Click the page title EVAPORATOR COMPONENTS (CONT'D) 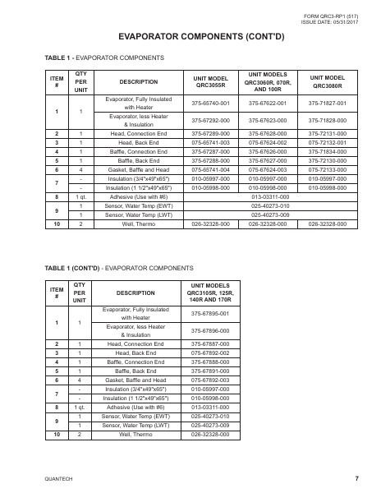coord(190,37)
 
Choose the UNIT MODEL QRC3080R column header coord(326,80)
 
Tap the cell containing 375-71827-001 coord(326,103)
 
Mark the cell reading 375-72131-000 coord(326,132)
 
